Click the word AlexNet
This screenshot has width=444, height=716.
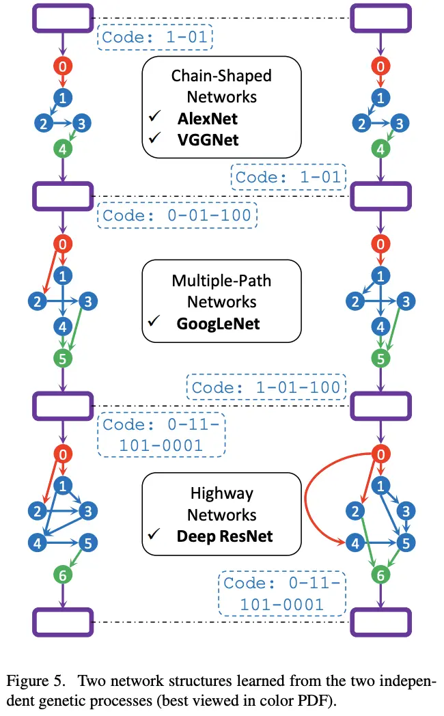[208, 118]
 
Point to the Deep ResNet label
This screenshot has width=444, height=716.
[225, 536]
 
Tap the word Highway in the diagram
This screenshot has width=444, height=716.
[221, 493]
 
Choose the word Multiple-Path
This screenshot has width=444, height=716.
[221, 280]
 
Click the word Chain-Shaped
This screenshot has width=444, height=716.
[221, 75]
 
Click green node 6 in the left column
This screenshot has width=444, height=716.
[63, 575]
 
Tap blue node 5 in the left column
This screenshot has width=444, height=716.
[89, 543]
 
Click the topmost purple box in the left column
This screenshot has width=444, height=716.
[63, 18]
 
